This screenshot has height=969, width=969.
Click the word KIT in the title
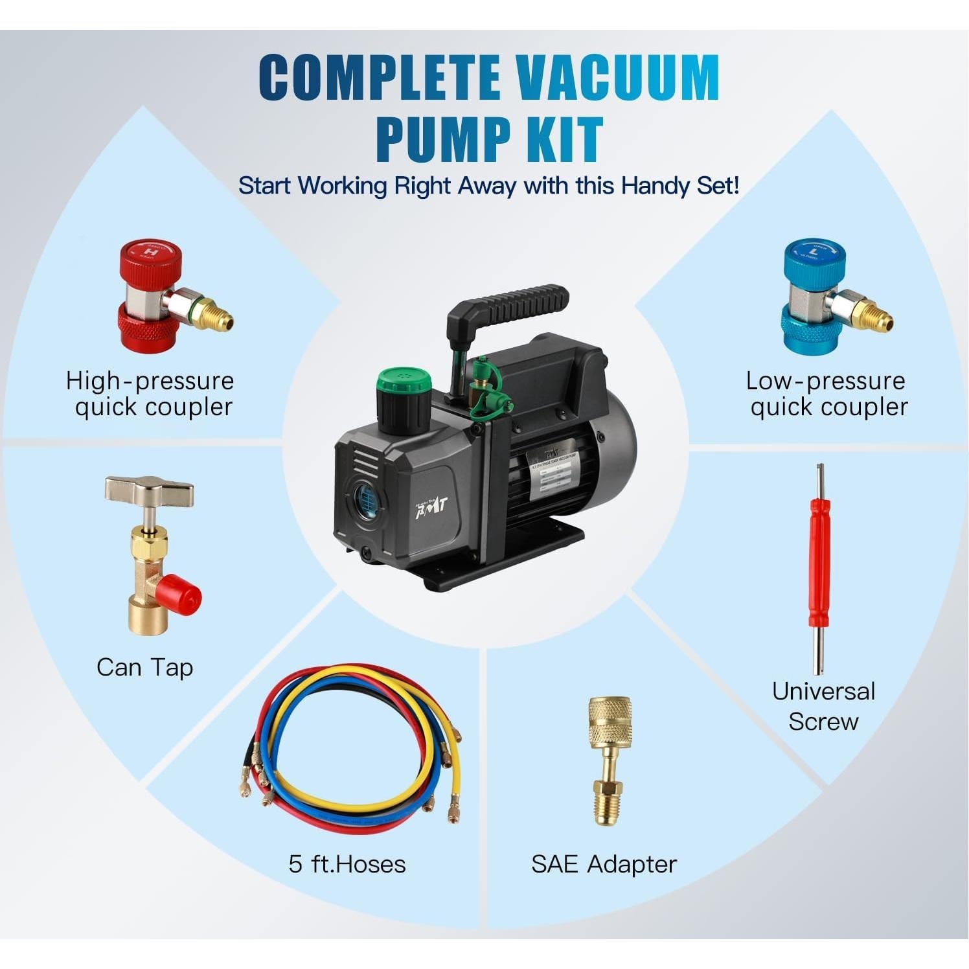coord(564,139)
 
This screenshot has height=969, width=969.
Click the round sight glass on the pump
coord(366,499)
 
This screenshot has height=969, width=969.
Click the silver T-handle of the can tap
coord(150,492)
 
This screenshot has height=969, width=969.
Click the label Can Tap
coord(144,667)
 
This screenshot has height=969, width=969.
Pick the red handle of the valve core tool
coord(819,570)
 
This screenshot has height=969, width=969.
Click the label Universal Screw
coord(823,706)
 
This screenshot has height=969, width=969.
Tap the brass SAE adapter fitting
coord(609,758)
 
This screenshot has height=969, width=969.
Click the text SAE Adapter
coord(604,864)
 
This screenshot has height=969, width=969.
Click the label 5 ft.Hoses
coord(347,864)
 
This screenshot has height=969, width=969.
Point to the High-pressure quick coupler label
coord(151,394)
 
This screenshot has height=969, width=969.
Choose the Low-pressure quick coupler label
coord(827,394)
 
